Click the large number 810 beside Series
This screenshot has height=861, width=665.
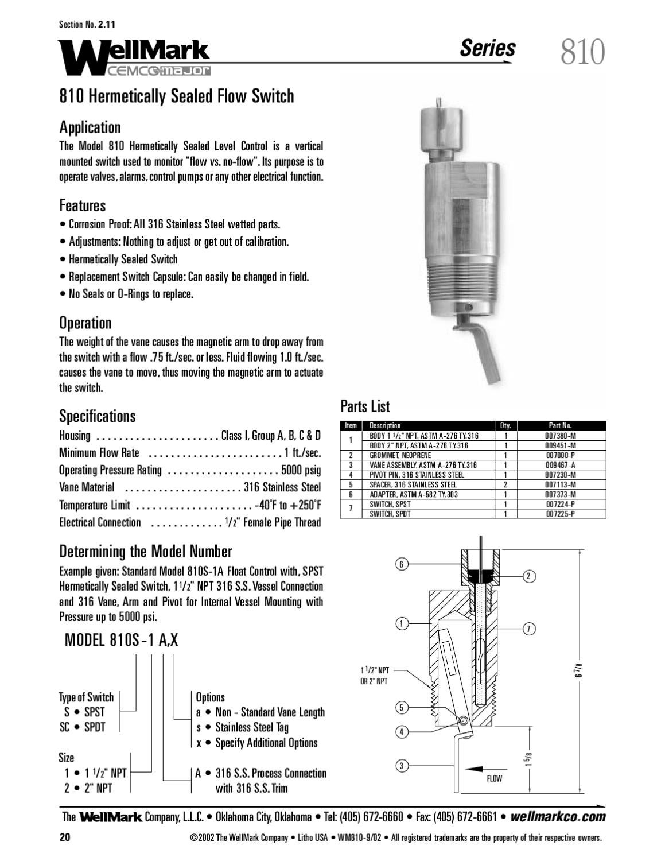point(582,52)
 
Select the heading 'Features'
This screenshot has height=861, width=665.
point(82,205)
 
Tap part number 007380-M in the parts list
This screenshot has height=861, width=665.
point(560,436)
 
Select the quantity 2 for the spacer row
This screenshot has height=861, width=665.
point(505,484)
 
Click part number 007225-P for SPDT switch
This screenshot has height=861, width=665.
point(560,514)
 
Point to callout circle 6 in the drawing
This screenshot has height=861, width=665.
point(402,564)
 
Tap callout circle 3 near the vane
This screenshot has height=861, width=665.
point(402,765)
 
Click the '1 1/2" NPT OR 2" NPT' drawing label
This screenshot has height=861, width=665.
point(375,676)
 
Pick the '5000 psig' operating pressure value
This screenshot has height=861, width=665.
point(301,470)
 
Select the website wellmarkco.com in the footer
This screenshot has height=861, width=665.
point(557,817)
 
